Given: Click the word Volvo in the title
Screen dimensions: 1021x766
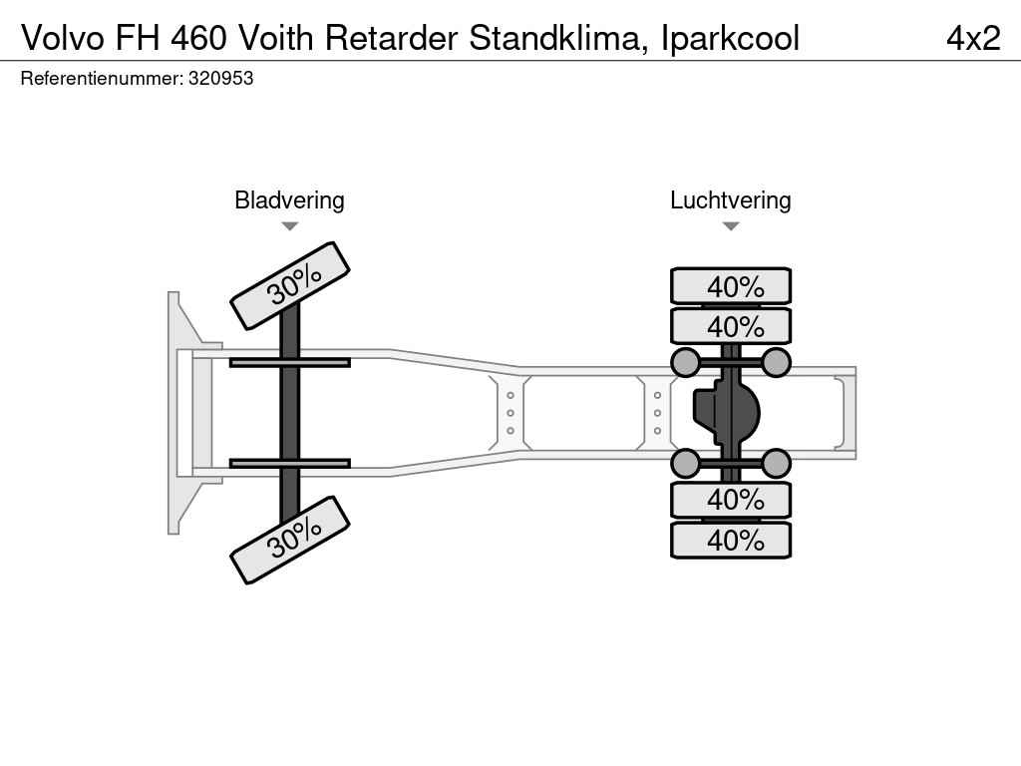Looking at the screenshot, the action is [x=63, y=38].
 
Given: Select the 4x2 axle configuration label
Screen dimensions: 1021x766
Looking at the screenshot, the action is [x=973, y=38].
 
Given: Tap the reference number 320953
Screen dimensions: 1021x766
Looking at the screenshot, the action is [x=220, y=79].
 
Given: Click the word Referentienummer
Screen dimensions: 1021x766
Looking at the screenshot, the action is [x=102, y=79].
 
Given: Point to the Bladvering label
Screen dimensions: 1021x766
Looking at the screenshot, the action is [x=289, y=199].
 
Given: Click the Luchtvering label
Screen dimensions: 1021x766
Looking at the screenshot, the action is [x=731, y=199].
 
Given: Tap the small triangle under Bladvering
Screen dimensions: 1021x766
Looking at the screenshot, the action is [x=290, y=226].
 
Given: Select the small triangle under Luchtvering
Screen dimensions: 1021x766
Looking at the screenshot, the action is [x=731, y=226].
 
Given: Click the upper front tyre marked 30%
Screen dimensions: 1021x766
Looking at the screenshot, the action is [x=290, y=285].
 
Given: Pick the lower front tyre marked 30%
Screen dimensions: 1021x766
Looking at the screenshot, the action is [x=290, y=540].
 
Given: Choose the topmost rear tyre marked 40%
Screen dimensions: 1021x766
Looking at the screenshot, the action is [x=731, y=286].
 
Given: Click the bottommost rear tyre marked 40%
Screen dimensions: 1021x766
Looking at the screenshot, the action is [x=731, y=540].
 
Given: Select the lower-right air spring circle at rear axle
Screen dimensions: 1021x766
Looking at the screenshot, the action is [x=776, y=464].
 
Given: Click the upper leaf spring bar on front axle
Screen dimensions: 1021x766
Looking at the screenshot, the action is [x=290, y=362].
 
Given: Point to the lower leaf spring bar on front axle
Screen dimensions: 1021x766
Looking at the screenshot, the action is [x=290, y=463].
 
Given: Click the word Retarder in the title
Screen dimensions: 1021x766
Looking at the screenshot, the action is [x=391, y=38].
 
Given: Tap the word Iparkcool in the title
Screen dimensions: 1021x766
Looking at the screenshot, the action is [x=730, y=39].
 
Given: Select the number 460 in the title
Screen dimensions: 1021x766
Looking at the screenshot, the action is [x=198, y=38].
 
